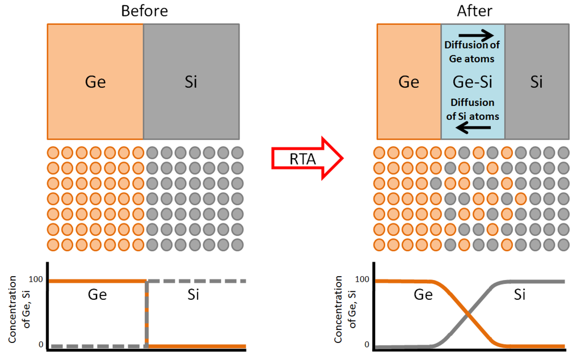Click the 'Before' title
[x=144, y=11]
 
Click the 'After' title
[x=474, y=11]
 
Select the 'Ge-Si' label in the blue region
[x=473, y=82]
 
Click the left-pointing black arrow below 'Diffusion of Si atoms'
[x=474, y=128]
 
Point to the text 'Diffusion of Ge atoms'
[x=472, y=52]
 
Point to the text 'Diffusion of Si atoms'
[x=472, y=109]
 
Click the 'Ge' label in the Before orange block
[x=95, y=82]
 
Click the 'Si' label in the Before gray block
[x=191, y=82]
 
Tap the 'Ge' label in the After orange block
[x=409, y=82]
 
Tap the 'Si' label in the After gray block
[x=536, y=82]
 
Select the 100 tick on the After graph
[x=363, y=279]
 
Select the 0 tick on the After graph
[x=367, y=345]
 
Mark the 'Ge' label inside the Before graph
[x=97, y=295]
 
